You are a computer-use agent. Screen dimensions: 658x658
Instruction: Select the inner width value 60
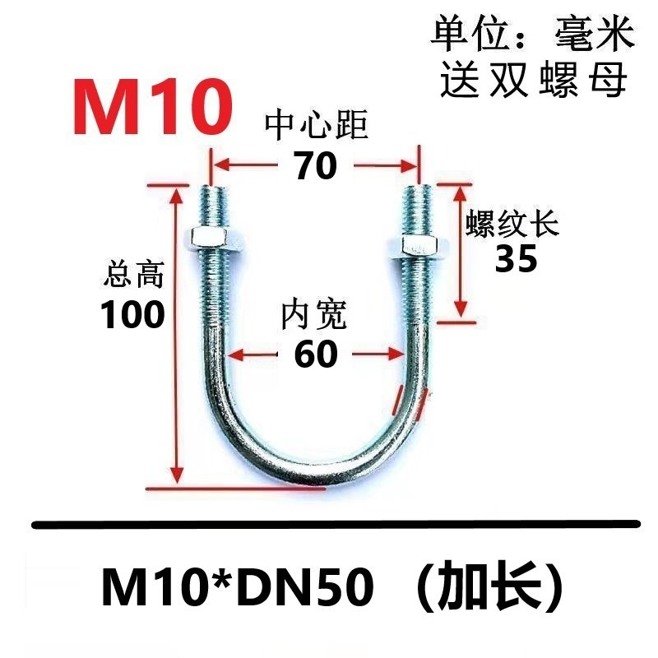pos(315,354)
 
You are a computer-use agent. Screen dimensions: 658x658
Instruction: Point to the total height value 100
pos(132,314)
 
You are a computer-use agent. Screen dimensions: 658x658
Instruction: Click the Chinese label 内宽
pos(314,315)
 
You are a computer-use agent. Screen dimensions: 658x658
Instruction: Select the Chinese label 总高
pos(134,275)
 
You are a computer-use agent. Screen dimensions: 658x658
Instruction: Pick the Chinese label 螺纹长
pos(512,222)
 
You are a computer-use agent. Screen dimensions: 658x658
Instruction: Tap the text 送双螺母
pos(533,80)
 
